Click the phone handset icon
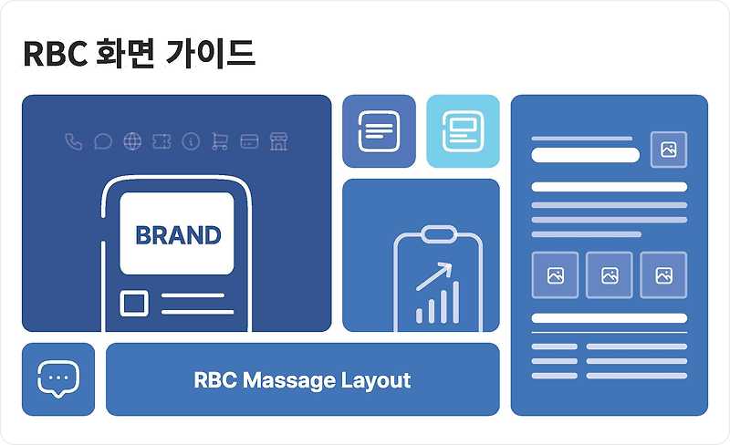74,141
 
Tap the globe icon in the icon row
132,141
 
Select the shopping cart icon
219,141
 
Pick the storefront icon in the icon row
278,141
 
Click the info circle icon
191,141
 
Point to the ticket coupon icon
162,141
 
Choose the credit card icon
249,141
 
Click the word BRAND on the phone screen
178,235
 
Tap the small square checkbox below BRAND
134,304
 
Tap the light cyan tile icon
463,131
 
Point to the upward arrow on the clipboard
435,275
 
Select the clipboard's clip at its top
437,234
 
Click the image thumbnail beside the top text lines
668,150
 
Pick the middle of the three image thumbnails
610,274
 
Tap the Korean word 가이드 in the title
212,55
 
